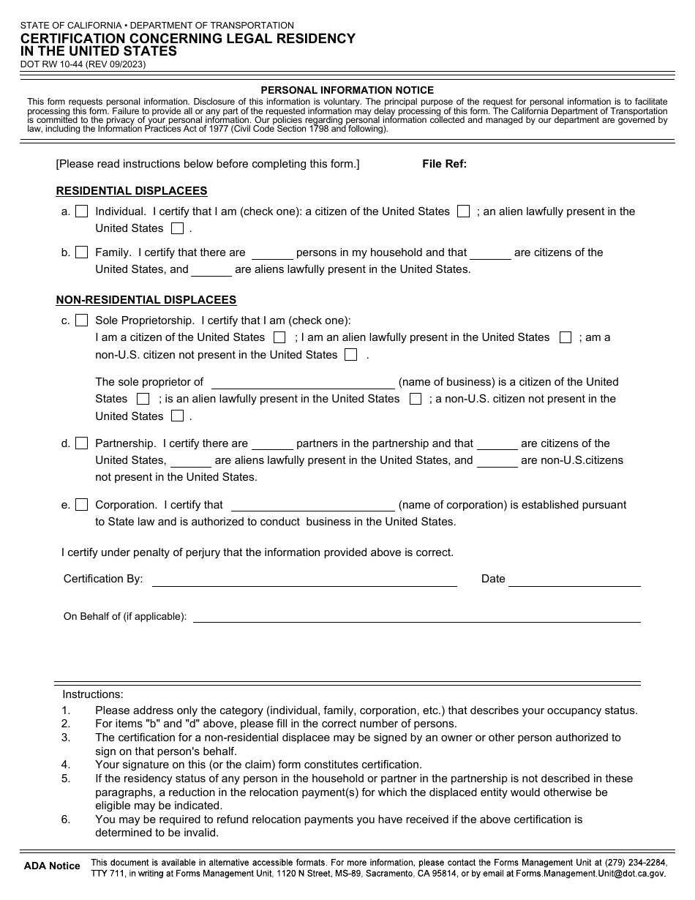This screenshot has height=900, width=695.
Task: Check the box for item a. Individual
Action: coord(82,211)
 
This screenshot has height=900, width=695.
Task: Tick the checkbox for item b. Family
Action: coord(82,252)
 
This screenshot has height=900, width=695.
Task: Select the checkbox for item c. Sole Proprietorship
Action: coord(82,320)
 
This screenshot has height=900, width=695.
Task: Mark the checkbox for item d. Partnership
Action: coord(82,443)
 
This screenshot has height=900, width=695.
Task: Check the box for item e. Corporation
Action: coord(82,505)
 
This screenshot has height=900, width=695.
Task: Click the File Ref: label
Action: coord(444,164)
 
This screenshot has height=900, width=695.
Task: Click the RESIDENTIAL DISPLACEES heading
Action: coord(132,191)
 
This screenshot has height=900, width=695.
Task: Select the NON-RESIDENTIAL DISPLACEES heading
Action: coord(146,300)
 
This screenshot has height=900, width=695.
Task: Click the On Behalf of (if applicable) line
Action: coord(416,618)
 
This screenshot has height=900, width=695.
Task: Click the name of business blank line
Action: coord(303,383)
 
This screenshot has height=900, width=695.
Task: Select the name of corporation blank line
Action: coord(312,506)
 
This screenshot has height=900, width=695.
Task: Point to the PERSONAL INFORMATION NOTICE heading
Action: coord(347,90)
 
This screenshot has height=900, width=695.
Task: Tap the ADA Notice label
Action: coord(52,866)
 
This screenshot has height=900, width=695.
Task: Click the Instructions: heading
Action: coord(93,694)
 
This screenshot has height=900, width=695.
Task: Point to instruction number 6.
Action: coord(66,820)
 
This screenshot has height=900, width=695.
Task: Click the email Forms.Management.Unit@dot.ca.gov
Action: coord(590,874)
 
